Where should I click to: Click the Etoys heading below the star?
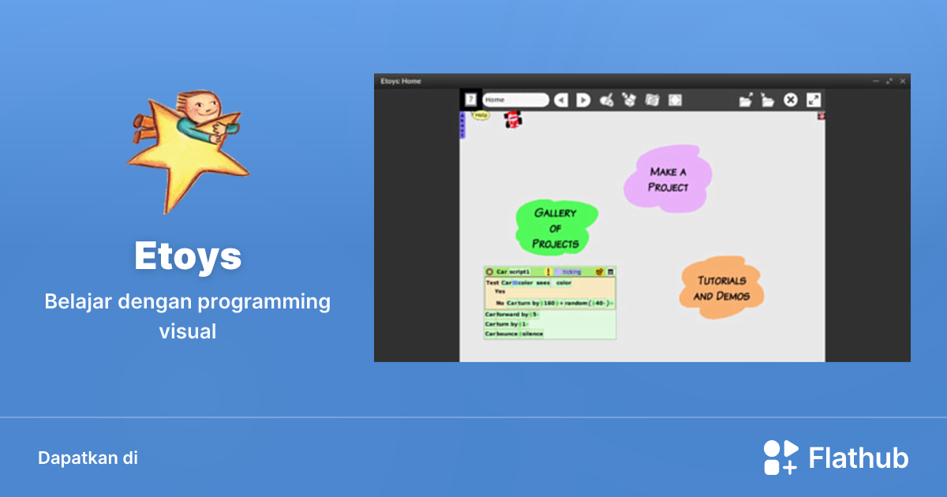click(x=188, y=256)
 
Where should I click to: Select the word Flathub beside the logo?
click(x=859, y=458)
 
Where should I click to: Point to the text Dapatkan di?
click(x=88, y=458)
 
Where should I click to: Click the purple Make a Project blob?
click(x=668, y=179)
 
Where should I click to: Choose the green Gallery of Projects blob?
click(x=556, y=228)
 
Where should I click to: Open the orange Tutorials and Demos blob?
click(x=721, y=288)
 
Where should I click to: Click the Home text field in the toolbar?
click(x=515, y=100)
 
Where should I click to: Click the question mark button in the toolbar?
click(x=470, y=99)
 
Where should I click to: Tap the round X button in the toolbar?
click(x=790, y=100)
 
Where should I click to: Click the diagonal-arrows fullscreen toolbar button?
click(x=814, y=100)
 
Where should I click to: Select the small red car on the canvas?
click(x=513, y=120)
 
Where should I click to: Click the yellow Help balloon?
click(x=481, y=115)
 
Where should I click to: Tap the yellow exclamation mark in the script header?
click(x=548, y=271)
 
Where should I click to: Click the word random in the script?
click(x=576, y=303)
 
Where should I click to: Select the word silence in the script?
click(x=533, y=334)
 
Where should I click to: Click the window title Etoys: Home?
click(x=401, y=81)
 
